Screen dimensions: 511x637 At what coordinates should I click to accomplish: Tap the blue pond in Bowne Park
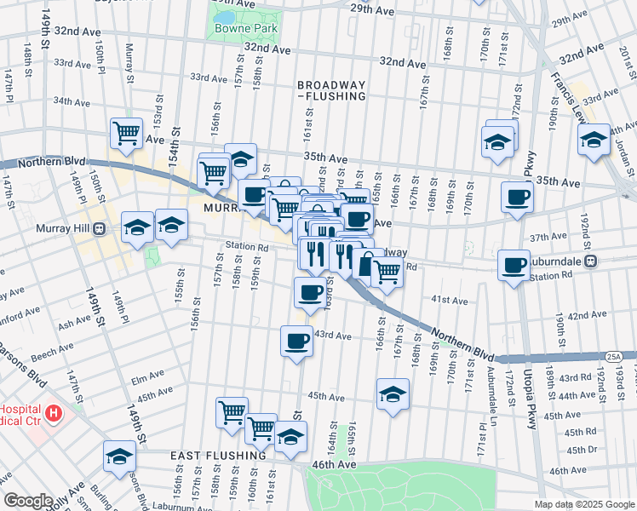click(224, 18)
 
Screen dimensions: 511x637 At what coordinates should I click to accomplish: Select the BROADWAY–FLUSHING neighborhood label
click(331, 90)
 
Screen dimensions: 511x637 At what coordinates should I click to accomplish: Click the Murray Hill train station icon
click(100, 229)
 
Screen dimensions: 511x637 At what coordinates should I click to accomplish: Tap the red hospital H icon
click(54, 415)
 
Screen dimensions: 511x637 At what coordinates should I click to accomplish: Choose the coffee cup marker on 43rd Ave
click(296, 341)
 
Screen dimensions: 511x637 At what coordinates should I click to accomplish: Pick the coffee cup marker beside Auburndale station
click(514, 266)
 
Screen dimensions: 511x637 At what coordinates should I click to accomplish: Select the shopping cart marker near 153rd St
click(126, 133)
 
